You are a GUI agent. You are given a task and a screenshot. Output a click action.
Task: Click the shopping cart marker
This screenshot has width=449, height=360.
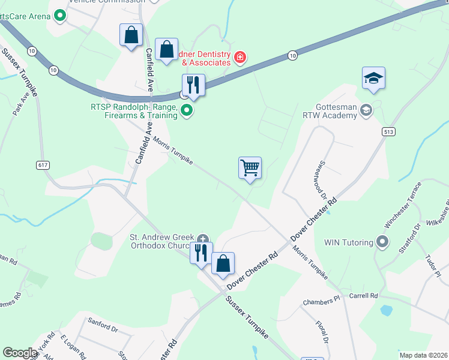tap(250, 168)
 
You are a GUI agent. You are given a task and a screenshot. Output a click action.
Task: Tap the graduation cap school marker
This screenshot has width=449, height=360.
tap(373, 78)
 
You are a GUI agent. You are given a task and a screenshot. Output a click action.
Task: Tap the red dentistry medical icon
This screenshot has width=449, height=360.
tap(240, 58)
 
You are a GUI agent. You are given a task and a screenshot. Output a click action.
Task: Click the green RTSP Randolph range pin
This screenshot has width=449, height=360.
tap(187, 110)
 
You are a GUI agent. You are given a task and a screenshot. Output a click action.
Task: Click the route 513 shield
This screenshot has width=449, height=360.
tap(387, 131)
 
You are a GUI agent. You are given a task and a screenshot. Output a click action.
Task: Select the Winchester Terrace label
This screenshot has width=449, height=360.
tap(404, 208)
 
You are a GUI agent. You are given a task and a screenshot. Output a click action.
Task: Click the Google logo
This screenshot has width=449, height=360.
tap(20, 353)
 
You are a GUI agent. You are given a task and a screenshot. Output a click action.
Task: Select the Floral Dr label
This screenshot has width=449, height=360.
tap(322, 331)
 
